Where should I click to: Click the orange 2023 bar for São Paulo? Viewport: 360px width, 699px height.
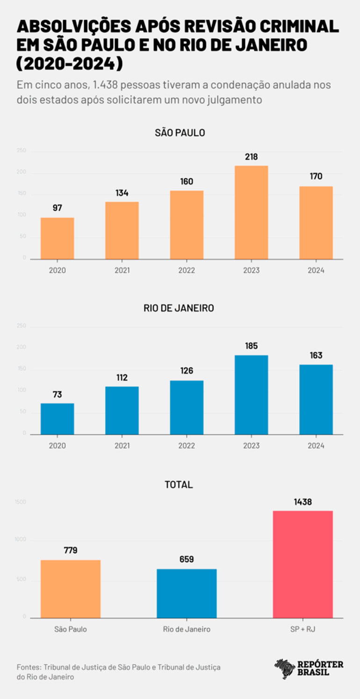point(251,213)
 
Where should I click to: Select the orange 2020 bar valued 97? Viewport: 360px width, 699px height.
point(57,238)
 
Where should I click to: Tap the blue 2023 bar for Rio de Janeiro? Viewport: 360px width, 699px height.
point(251,395)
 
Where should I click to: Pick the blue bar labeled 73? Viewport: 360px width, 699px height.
point(57,419)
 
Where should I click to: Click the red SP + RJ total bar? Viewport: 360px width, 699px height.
point(302,564)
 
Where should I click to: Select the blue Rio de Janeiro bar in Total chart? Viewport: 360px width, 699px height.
point(187,593)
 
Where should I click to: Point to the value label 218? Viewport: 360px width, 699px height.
point(251,157)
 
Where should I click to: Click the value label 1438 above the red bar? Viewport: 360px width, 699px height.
point(302,502)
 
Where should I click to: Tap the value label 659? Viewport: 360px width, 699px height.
point(187,560)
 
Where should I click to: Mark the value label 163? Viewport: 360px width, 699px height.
point(316,356)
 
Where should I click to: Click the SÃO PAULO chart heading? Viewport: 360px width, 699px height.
point(180,133)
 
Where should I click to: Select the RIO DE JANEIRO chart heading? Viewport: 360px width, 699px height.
point(180,308)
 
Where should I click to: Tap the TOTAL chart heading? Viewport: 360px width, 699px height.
point(179,485)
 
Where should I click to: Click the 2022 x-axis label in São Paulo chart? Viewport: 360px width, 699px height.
point(187,271)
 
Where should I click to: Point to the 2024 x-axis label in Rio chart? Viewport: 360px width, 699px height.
point(316,446)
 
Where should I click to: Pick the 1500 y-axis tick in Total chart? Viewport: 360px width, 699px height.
point(22,502)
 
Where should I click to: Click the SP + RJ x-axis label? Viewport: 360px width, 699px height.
point(302,629)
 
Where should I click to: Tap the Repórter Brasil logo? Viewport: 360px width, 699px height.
point(309,668)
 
